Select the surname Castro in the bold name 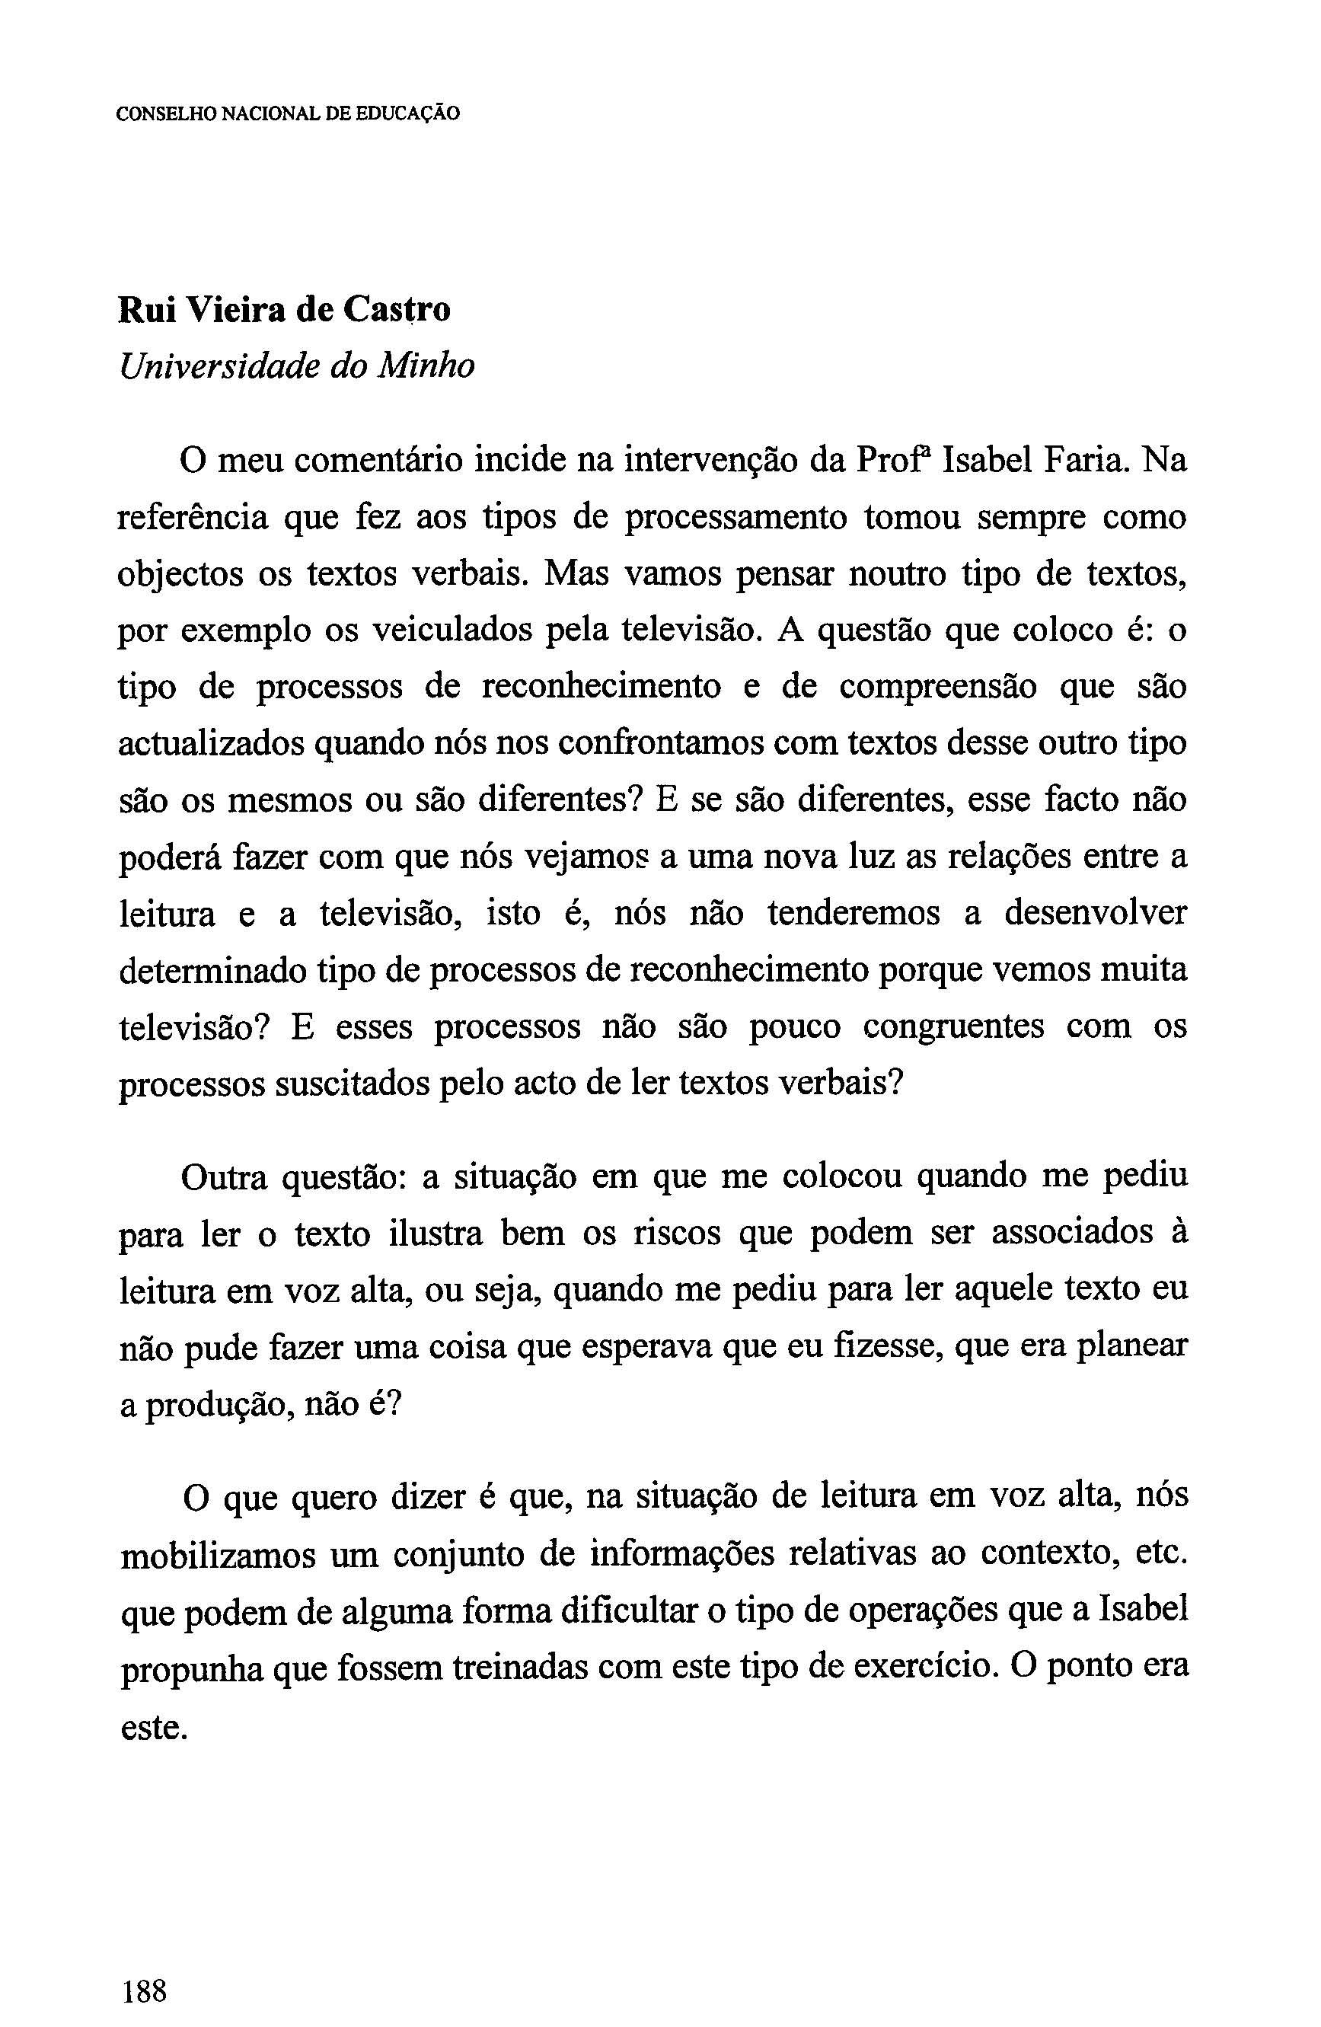click(397, 310)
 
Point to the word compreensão click(939, 688)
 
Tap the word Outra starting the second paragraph click(224, 1178)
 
